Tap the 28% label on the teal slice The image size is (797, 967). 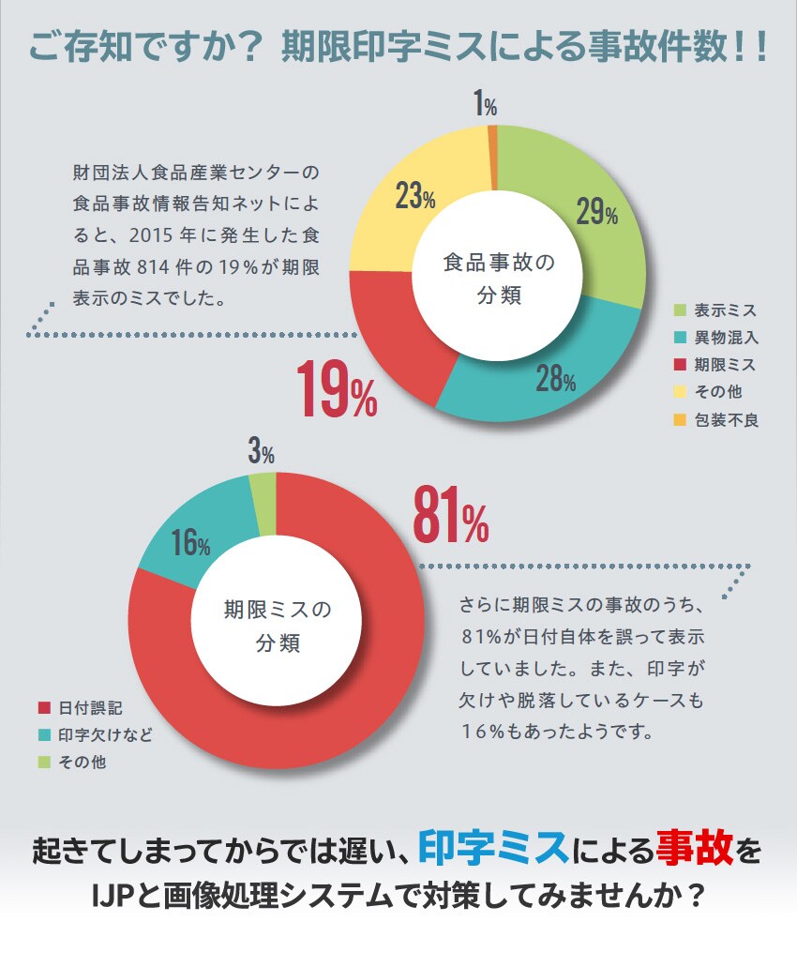coord(556,379)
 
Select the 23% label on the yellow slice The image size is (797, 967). coord(414,198)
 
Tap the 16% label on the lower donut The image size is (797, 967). coord(190,543)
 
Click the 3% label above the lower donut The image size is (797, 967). coord(261,454)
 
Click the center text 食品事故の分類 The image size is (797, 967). coord(498,279)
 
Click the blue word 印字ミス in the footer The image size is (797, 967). coord(493,850)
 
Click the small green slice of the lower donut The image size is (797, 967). coord(263,490)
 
